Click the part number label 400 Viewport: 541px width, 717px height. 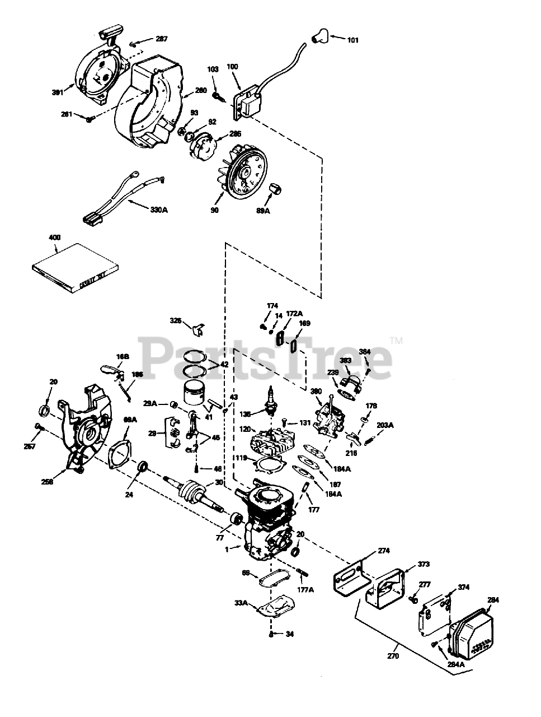point(54,238)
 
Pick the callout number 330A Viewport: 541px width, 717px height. point(159,211)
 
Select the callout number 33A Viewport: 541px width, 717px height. point(241,603)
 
